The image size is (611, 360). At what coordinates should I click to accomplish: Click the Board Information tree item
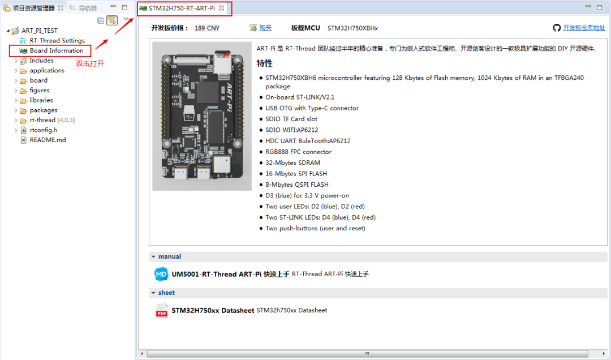[56, 50]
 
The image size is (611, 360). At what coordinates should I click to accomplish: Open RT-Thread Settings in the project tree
[57, 41]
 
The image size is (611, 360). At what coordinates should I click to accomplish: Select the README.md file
[48, 140]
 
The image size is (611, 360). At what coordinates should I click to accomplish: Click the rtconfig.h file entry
[43, 130]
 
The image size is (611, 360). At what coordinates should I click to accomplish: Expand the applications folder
[47, 70]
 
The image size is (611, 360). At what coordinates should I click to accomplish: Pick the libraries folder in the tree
[41, 100]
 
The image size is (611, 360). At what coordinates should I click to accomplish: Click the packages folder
[44, 110]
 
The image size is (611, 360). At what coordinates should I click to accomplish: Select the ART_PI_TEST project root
[39, 31]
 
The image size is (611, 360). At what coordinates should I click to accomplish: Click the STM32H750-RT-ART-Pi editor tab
[181, 8]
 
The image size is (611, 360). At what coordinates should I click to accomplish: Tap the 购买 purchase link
[265, 28]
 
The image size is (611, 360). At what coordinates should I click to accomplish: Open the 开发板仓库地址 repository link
[584, 28]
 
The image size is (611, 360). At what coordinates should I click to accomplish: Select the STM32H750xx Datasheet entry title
[213, 310]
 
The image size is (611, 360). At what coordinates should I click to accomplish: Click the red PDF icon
[162, 310]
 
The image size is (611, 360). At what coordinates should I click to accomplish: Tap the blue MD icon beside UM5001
[162, 274]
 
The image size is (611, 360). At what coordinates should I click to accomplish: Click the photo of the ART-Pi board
[202, 116]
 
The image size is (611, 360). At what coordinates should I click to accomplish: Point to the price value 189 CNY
[206, 28]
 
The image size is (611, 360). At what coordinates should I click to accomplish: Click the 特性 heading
[264, 63]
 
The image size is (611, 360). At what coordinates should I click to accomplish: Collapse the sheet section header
[166, 293]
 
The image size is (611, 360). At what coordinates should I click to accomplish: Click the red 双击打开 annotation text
[90, 63]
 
